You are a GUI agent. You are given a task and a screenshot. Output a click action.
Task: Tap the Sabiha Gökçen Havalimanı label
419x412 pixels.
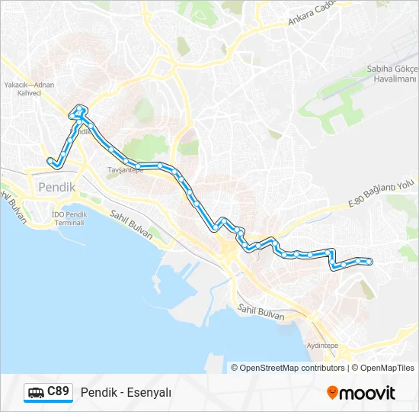392,74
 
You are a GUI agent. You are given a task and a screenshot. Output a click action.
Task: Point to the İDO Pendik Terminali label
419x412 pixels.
69,217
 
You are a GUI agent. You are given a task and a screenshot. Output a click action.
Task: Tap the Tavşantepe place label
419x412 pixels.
125,170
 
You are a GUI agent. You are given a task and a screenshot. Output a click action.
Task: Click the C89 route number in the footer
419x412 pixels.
59,391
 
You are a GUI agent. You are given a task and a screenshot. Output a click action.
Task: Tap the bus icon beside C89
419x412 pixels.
36,393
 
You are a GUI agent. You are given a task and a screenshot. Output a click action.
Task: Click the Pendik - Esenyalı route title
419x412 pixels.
126,392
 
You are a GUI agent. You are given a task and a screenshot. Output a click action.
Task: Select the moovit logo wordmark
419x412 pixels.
368,393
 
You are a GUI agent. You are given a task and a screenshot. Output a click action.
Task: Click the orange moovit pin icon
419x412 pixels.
332,393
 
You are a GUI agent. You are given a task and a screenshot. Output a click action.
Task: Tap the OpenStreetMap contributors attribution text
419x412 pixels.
293,368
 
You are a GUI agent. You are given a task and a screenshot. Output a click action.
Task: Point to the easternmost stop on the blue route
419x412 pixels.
369,261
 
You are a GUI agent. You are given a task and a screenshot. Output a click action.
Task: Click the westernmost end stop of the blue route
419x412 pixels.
51,160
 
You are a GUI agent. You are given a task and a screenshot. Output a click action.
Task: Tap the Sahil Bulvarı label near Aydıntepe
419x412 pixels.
261,311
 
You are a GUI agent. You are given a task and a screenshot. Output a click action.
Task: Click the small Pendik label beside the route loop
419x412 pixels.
84,131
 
